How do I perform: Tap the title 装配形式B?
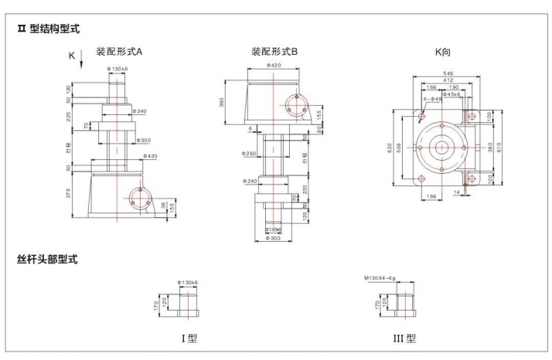coord(274,52)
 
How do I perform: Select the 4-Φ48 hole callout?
coord(432,99)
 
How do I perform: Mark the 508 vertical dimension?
coord(410,148)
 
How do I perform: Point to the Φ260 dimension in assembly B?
coord(250,154)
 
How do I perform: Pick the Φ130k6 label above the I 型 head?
coord(187,282)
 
